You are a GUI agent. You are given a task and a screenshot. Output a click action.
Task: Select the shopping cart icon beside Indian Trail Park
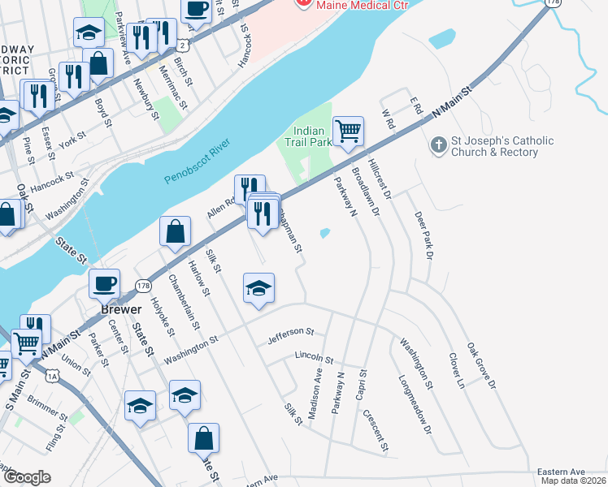click(348, 131)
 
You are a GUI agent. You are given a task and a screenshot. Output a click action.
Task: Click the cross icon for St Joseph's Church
click(437, 146)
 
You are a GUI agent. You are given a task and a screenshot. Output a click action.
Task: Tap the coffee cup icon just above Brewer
click(104, 284)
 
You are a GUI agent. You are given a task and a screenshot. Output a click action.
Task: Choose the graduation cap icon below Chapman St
click(258, 288)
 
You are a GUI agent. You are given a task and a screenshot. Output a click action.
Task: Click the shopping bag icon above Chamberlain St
click(176, 232)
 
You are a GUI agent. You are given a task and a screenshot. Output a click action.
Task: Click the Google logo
click(27, 477)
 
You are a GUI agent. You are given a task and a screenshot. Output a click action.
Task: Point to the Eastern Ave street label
click(561, 472)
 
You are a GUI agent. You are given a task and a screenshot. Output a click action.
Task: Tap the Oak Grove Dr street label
click(480, 365)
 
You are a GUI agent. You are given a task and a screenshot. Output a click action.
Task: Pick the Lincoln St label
click(314, 358)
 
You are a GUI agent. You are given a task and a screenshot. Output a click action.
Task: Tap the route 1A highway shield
click(54, 376)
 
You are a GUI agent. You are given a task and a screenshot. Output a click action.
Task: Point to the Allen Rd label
click(220, 207)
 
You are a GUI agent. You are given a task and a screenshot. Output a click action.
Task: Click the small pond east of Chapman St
click(325, 234)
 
